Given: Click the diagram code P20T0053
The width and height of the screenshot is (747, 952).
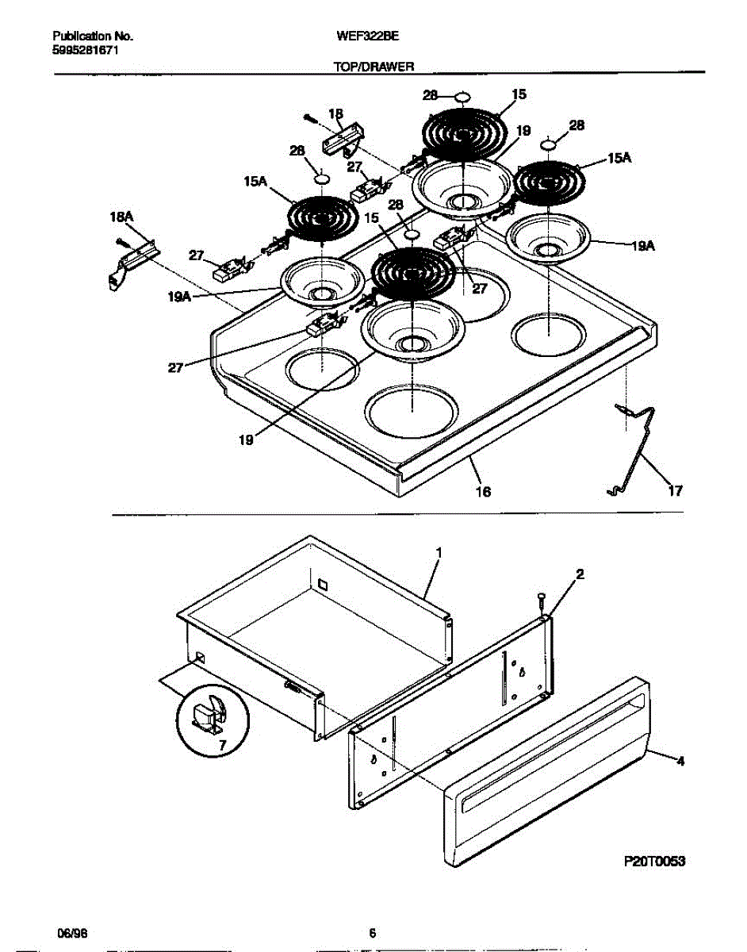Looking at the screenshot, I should (653, 860).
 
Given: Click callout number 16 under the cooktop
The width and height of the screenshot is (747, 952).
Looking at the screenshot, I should (482, 493).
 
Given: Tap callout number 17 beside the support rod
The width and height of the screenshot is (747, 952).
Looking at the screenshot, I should (674, 492).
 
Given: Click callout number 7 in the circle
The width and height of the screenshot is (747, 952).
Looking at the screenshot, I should (221, 745).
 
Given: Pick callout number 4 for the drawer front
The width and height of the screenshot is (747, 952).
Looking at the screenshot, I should (680, 762).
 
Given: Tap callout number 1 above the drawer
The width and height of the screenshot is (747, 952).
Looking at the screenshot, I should (438, 551).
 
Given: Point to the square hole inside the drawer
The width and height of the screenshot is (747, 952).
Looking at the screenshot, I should (322, 584).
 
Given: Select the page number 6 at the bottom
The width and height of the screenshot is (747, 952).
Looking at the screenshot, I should (372, 933).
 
